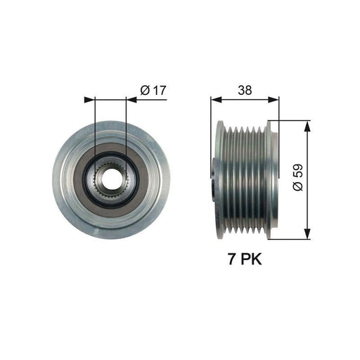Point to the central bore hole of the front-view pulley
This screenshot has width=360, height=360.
click(110, 181)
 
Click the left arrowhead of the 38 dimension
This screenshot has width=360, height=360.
click(214, 100)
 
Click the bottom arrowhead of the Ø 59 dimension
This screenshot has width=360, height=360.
click(307, 236)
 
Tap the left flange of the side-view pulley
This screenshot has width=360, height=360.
click(220, 181)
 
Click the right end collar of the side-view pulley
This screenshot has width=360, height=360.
click(273, 181)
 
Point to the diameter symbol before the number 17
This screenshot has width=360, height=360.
click(144, 90)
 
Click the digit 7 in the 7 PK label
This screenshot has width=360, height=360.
click(229, 259)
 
